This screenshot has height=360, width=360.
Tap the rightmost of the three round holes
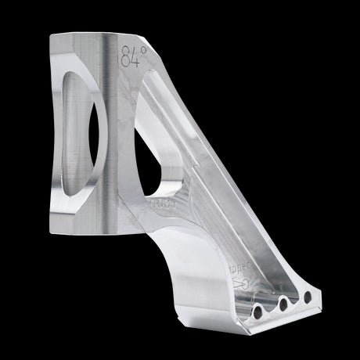[308, 296]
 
